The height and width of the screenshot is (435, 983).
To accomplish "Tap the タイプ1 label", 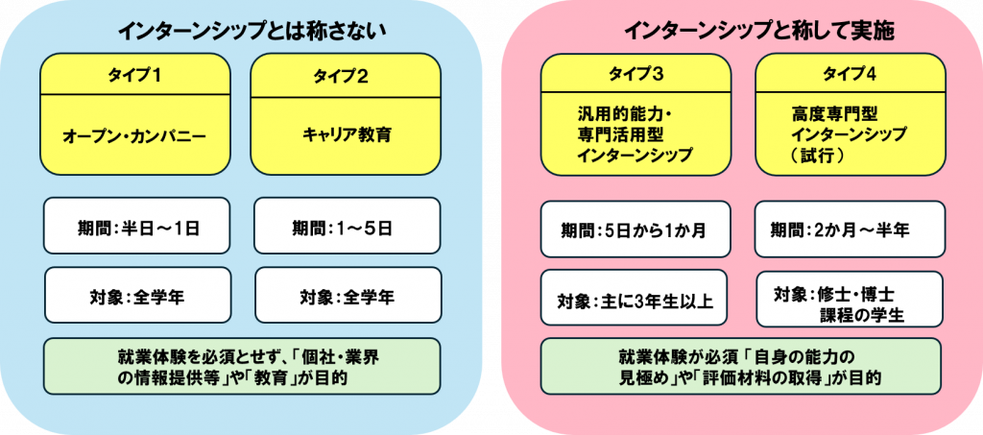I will (135, 75).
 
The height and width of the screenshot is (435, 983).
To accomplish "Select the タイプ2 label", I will (345, 75).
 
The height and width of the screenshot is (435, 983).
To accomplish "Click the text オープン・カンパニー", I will (134, 136).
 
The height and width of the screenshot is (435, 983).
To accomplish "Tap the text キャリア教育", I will (345, 134).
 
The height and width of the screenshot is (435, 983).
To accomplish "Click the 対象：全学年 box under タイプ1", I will (137, 295).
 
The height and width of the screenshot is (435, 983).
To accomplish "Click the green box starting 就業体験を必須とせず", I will (242, 366).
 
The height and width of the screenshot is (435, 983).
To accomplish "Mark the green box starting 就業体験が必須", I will (740, 366).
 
